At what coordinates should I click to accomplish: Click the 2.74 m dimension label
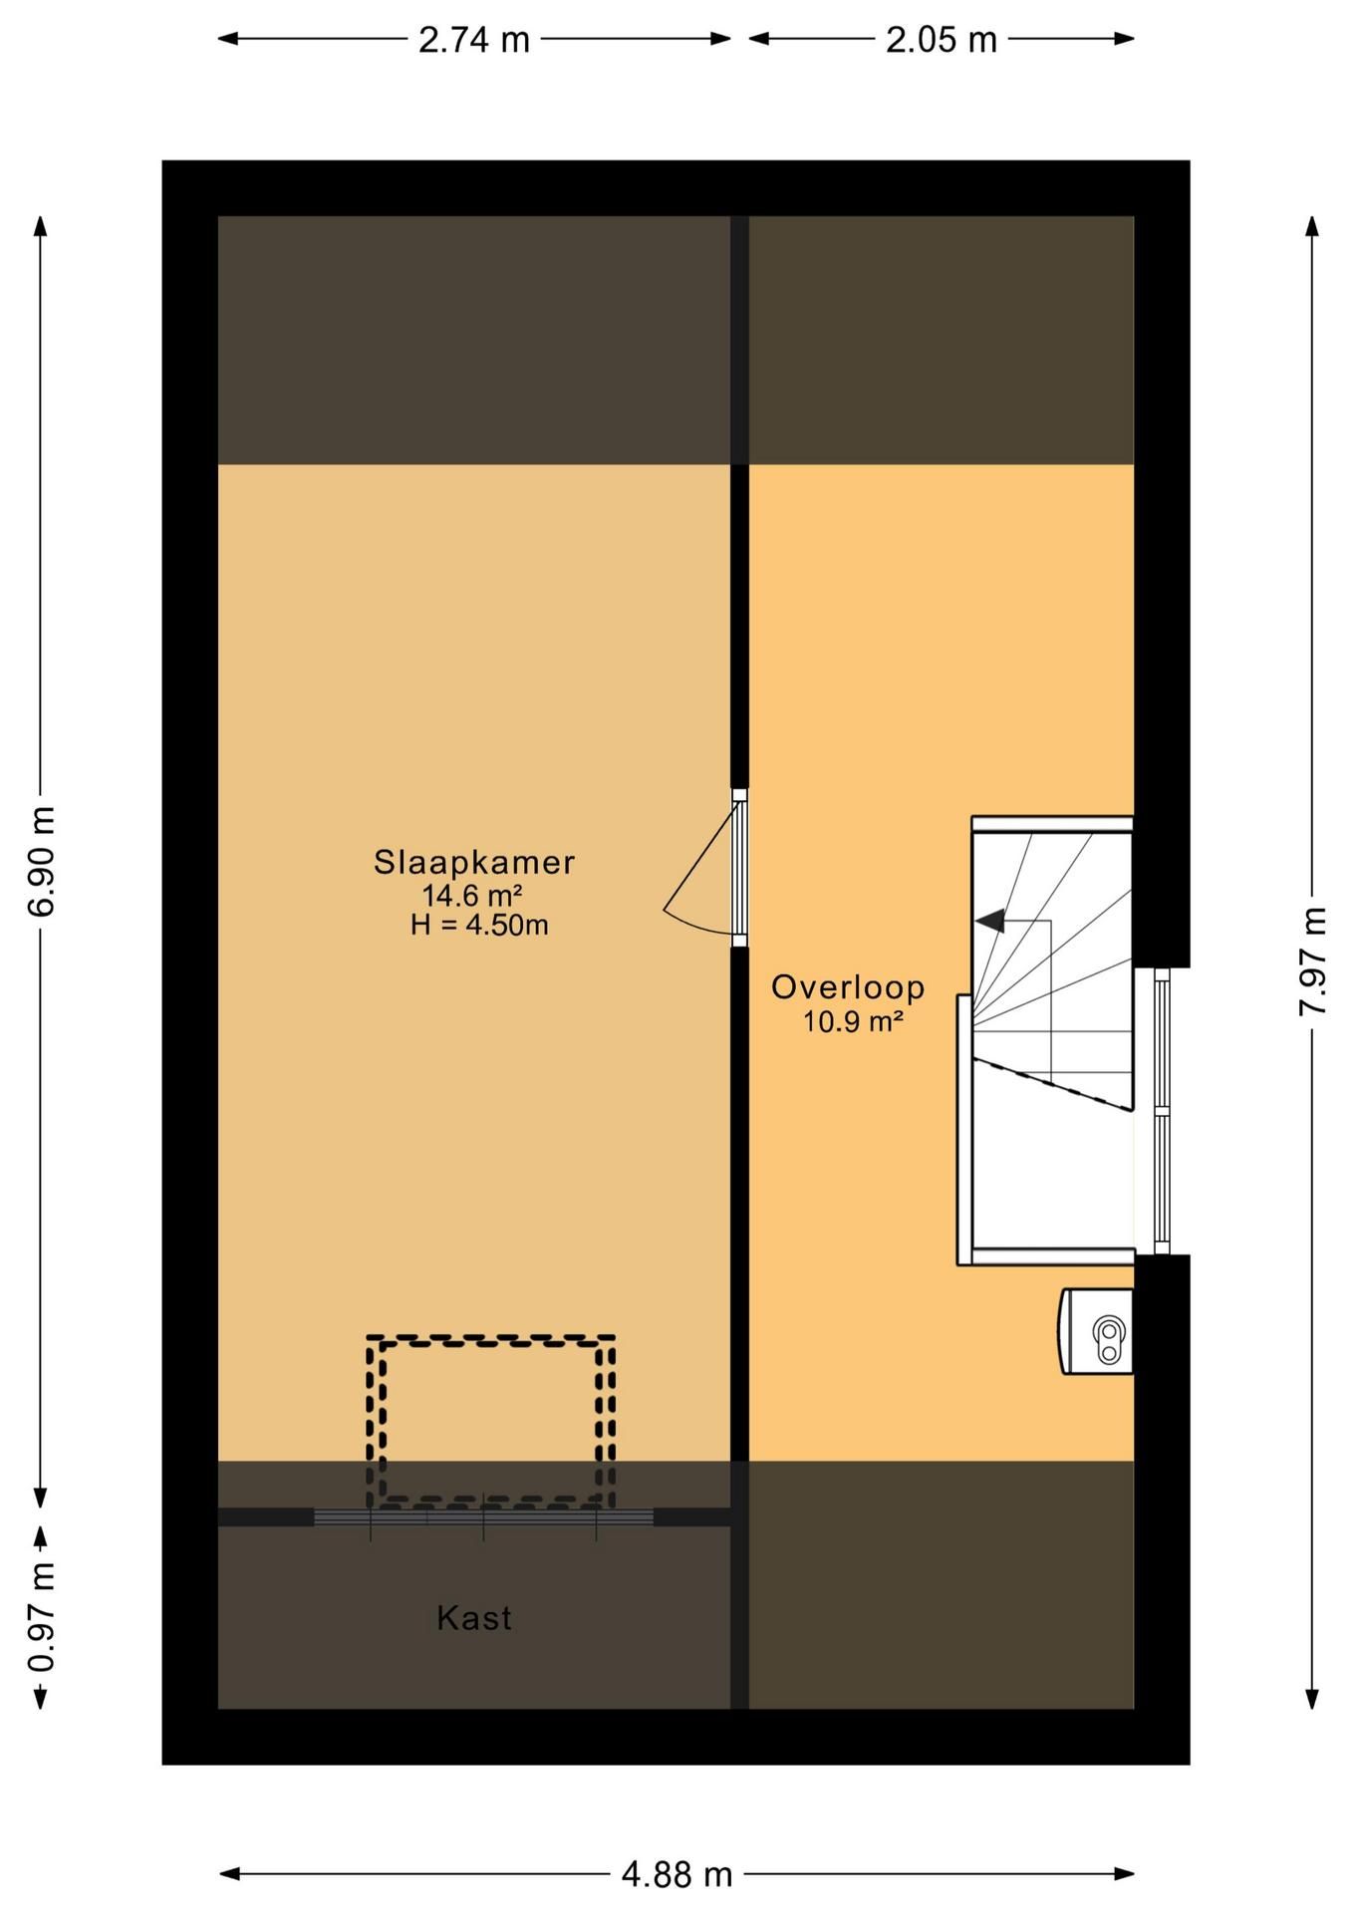473,40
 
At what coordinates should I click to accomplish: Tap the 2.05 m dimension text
941,40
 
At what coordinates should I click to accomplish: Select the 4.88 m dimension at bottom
676,1874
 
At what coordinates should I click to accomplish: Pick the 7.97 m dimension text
1312,961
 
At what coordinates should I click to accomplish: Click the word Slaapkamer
474,862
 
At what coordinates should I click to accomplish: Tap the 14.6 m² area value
472,895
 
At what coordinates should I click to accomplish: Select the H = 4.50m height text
479,926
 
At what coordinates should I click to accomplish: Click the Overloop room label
848,987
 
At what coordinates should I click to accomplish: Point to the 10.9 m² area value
853,1021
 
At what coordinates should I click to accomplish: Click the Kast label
474,1618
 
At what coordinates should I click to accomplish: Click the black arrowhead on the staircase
990,922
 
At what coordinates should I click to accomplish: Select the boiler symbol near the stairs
1099,1331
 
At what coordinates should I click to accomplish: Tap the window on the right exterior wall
1161,1111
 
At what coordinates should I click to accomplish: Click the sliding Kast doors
484,1517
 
